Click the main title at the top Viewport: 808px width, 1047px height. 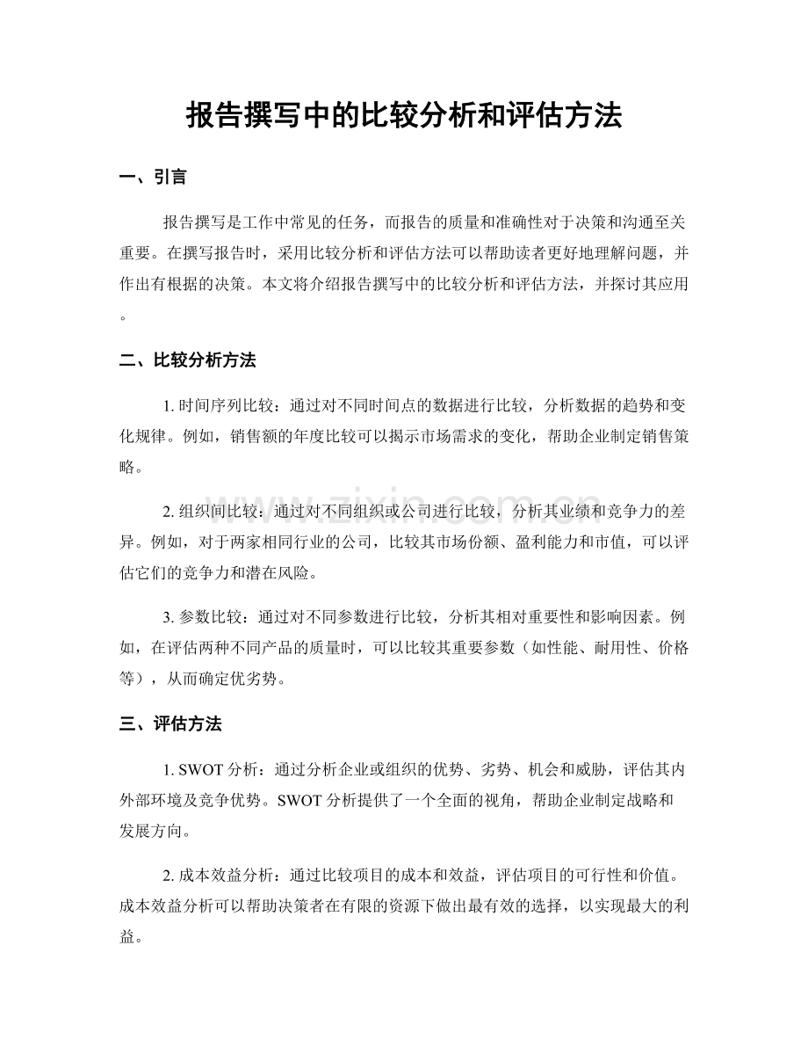coord(404,115)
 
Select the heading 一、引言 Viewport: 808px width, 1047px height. coord(152,177)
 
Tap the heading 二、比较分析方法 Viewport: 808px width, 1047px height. coord(187,360)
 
